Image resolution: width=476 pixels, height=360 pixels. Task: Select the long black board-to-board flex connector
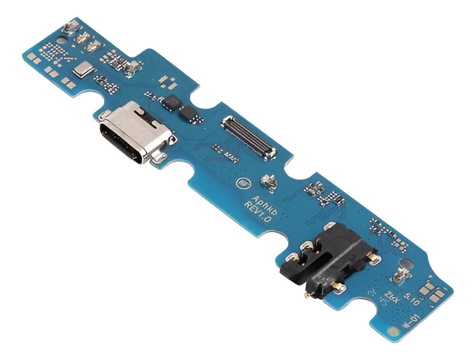pyautogui.click(x=248, y=137)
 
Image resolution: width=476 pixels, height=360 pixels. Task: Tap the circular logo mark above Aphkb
pyautogui.click(x=241, y=181)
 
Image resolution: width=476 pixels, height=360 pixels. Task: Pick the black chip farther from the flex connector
pyautogui.click(x=170, y=101)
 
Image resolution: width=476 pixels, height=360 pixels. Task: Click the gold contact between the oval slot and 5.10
pyautogui.click(x=402, y=275)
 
